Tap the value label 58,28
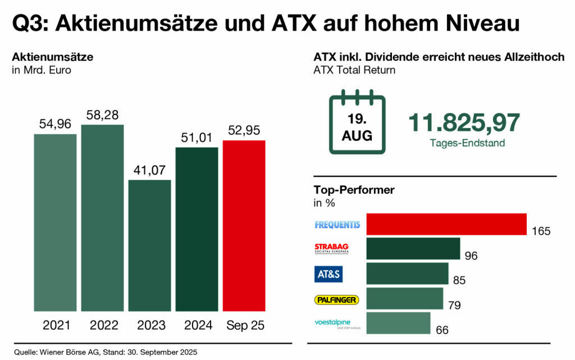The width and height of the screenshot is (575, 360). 102,115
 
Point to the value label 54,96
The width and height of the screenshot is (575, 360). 55,124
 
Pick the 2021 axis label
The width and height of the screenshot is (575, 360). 55,326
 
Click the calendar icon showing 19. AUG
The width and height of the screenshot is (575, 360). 357,122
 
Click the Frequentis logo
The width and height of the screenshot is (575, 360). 337,225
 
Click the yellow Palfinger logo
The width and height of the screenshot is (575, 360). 336,300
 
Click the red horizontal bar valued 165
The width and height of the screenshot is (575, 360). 446,225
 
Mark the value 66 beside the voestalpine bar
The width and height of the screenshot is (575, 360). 442,330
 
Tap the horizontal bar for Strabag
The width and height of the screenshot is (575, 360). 413,249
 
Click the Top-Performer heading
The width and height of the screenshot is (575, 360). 354,190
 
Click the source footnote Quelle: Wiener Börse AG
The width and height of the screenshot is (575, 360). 106,352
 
